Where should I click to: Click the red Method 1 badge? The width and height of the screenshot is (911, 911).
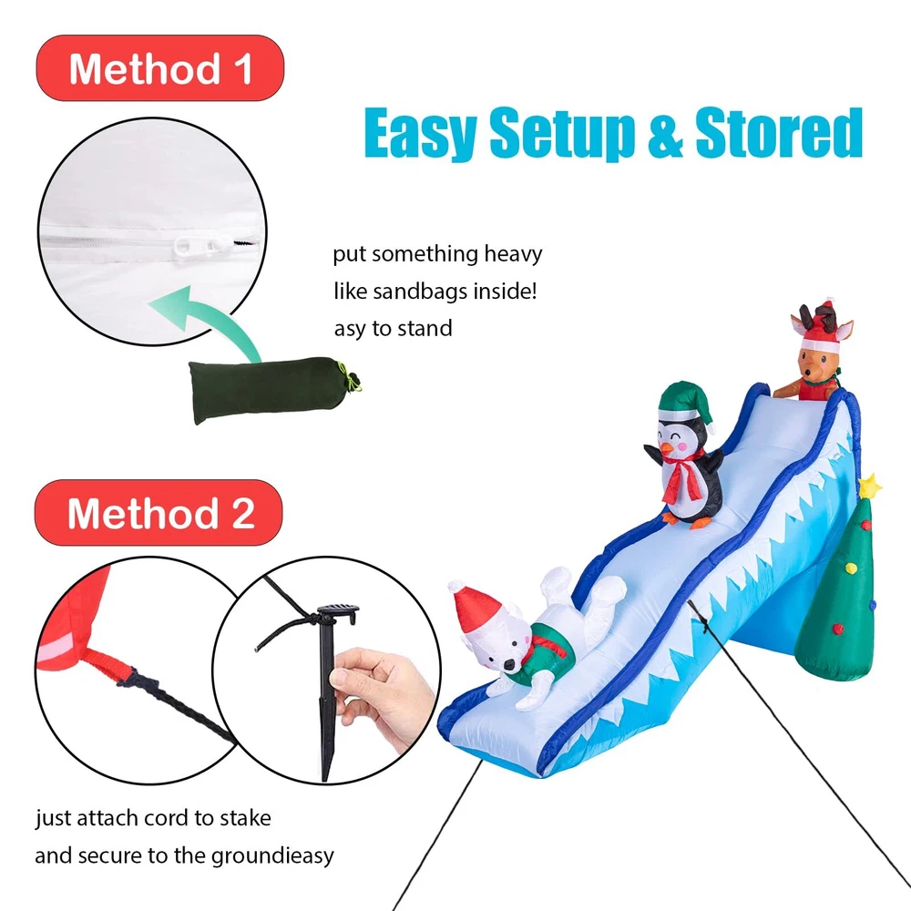click(159, 68)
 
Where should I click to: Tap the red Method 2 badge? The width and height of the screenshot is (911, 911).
click(159, 512)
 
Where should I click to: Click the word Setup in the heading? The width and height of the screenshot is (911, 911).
click(561, 133)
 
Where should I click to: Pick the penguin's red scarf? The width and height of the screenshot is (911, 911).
click(682, 474)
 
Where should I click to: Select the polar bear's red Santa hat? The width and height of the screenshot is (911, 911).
click(476, 608)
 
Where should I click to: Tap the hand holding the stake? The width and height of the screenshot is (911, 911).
click(381, 696)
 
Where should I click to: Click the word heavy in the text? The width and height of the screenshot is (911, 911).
click(513, 254)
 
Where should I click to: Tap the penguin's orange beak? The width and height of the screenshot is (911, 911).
click(667, 448)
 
